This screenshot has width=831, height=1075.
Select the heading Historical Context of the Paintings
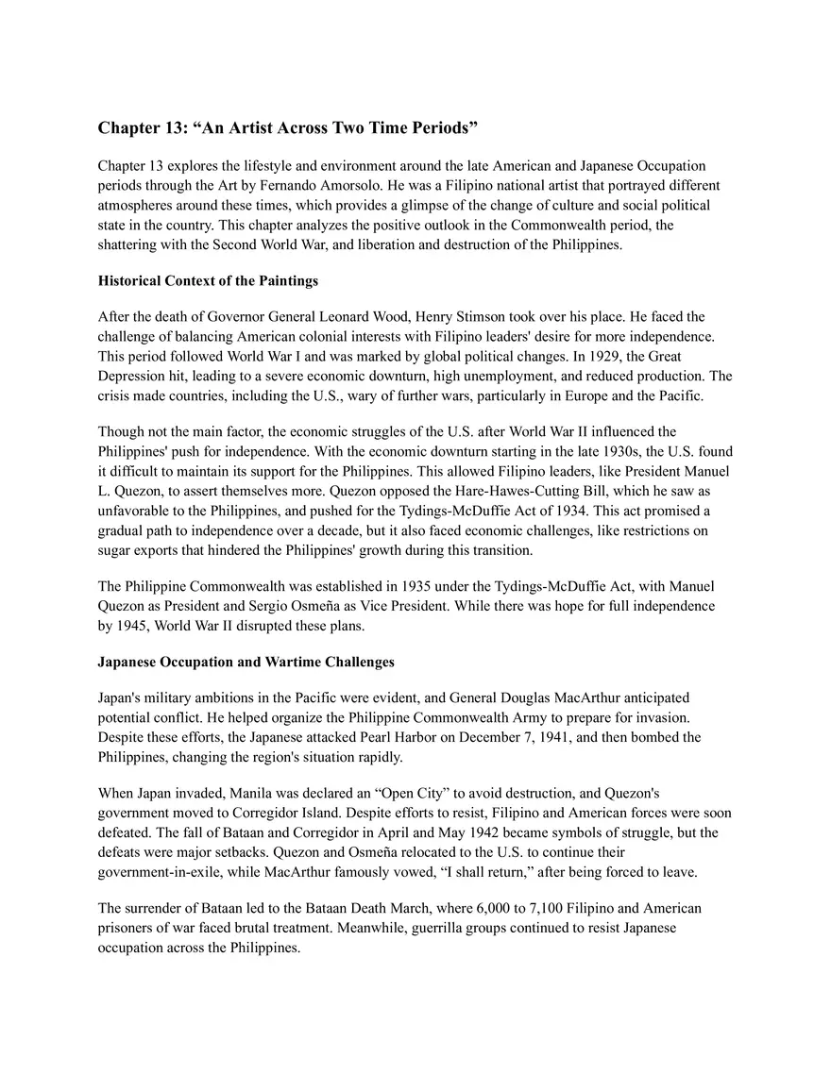tap(208, 280)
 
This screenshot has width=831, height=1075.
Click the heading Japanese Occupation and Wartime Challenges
tap(246, 662)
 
